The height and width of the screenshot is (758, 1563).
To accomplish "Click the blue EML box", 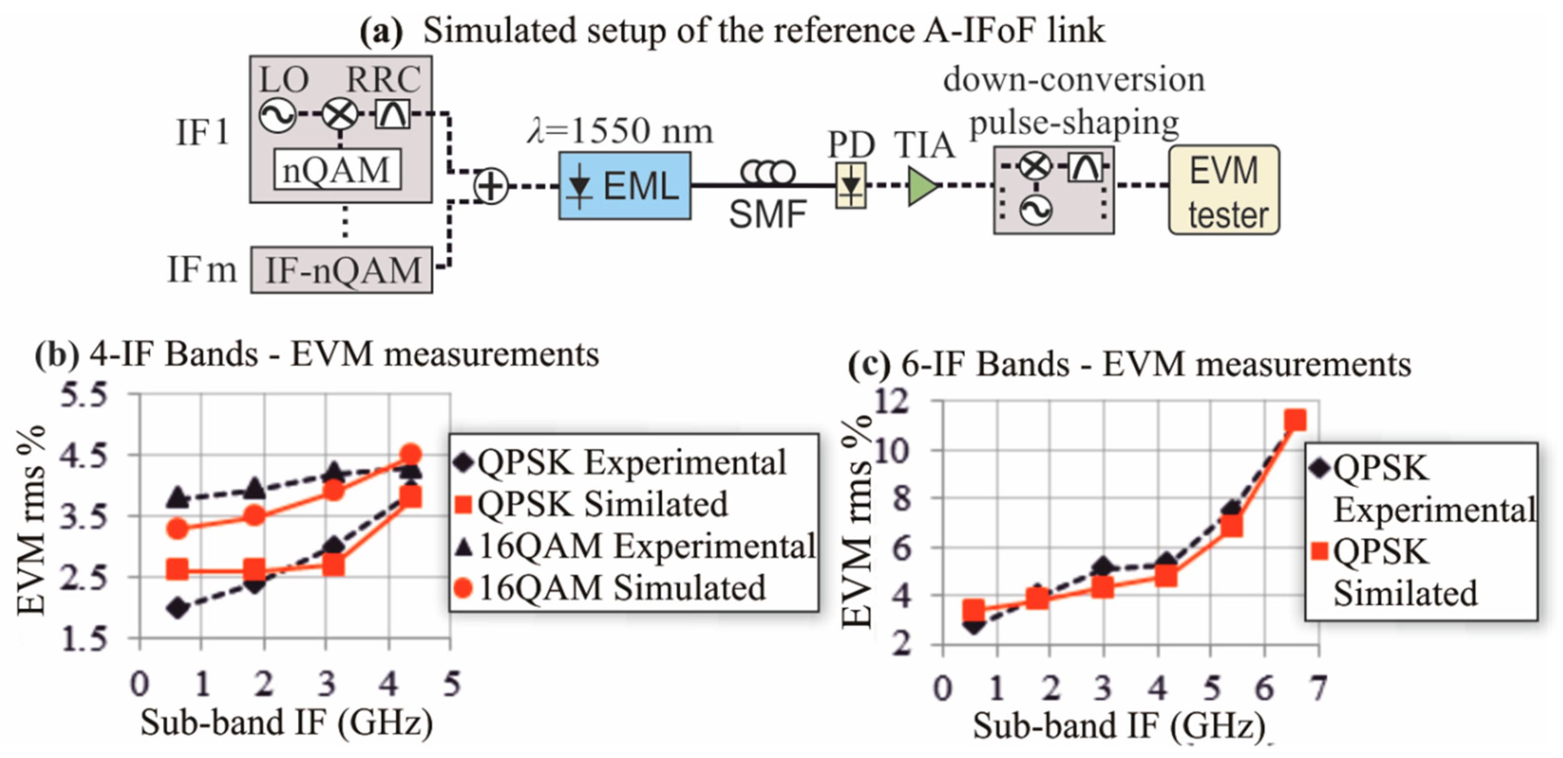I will click(624, 185).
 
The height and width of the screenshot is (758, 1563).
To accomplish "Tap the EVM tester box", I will click(1224, 190).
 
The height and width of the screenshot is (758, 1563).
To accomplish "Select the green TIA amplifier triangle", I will click(922, 186).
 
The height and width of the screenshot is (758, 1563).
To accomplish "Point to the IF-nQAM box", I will click(342, 270).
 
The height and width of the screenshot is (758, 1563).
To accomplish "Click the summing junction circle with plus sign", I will click(490, 186).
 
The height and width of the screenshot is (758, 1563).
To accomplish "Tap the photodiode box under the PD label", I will click(851, 185).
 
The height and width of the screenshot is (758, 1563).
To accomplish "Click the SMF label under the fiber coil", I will click(768, 214).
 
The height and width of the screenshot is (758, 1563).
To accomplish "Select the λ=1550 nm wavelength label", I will click(620, 130).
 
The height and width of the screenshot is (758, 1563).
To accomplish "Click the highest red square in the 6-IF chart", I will click(1295, 420).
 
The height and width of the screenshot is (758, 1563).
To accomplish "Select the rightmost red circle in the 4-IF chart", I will click(411, 454).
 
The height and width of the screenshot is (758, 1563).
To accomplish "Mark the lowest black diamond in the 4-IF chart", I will click(178, 608).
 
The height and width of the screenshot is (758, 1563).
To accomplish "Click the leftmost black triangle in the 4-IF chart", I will click(178, 498).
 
